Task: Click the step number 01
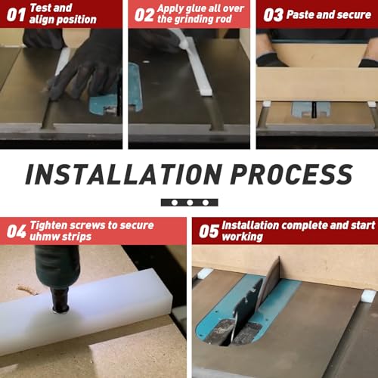[x=15, y=14]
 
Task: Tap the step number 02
[x=144, y=14]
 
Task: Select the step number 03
[x=273, y=14]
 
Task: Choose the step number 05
[x=209, y=231]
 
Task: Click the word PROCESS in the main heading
[x=290, y=175]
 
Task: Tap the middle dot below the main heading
[x=189, y=203]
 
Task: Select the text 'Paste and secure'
[x=329, y=14]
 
